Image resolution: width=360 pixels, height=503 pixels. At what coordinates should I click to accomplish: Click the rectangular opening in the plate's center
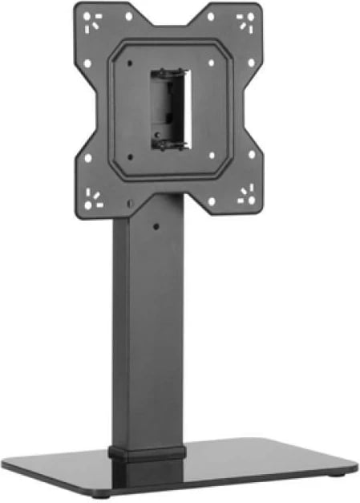click(169, 108)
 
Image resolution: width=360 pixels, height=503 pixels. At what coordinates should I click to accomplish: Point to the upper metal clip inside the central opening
click(170, 73)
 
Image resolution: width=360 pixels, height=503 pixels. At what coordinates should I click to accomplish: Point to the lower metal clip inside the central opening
click(171, 144)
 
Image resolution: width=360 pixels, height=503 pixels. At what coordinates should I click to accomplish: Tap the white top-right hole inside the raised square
click(211, 61)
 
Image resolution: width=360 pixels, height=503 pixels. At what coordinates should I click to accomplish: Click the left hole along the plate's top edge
click(128, 16)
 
